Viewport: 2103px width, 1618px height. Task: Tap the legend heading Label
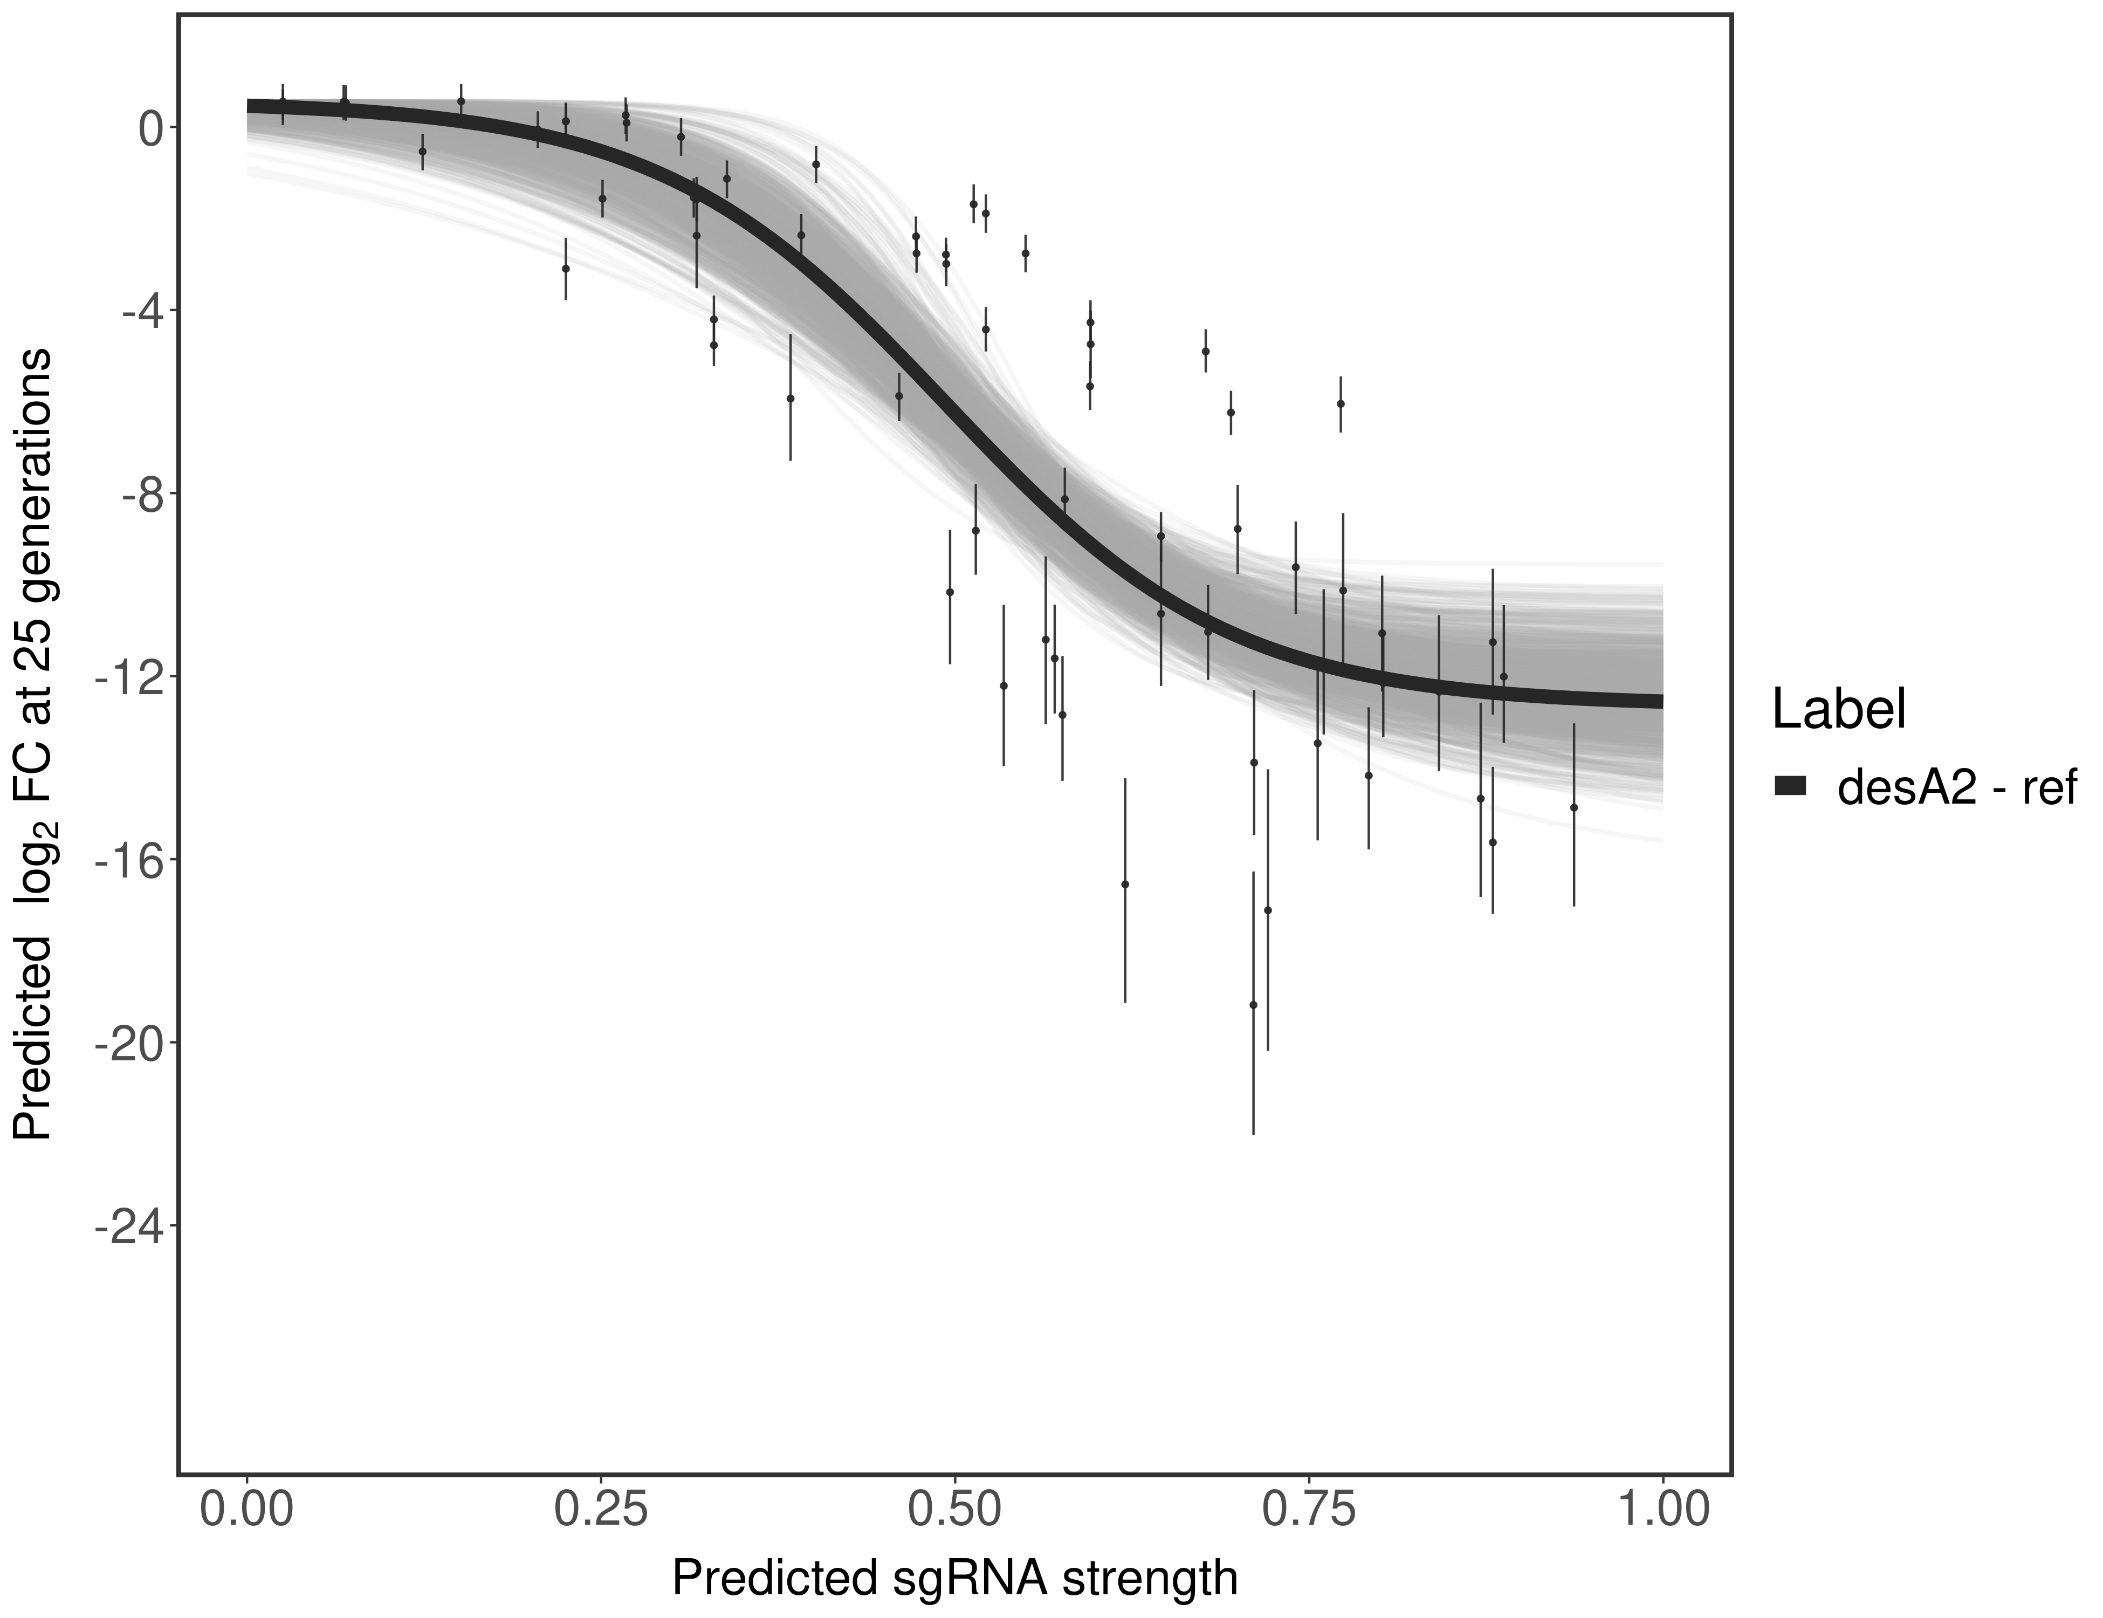1839,710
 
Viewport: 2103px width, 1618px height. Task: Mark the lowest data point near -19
1253,1004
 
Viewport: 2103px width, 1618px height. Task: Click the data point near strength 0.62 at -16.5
1125,884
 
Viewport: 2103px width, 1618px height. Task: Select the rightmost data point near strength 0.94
1573,807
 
